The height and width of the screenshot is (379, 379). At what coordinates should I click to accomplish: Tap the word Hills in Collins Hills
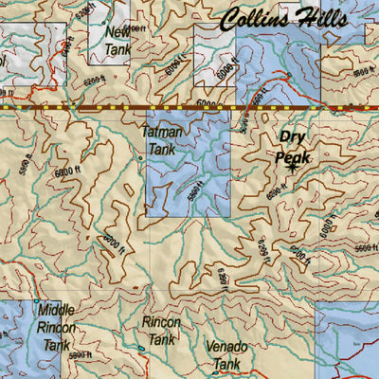tap(321, 20)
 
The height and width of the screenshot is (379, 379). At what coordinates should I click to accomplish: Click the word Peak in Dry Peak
tap(292, 156)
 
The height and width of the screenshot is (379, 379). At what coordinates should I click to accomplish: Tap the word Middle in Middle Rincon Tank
tap(56, 310)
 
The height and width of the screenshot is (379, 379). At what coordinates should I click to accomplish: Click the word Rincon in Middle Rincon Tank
tap(56, 328)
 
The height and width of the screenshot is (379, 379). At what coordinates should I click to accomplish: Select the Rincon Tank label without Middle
tap(161, 331)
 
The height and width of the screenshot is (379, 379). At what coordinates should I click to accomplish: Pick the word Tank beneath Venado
tap(226, 365)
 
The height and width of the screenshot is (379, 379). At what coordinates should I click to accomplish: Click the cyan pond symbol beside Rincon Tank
tap(141, 348)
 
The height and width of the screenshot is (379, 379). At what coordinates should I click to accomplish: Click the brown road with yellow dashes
tap(189, 109)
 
